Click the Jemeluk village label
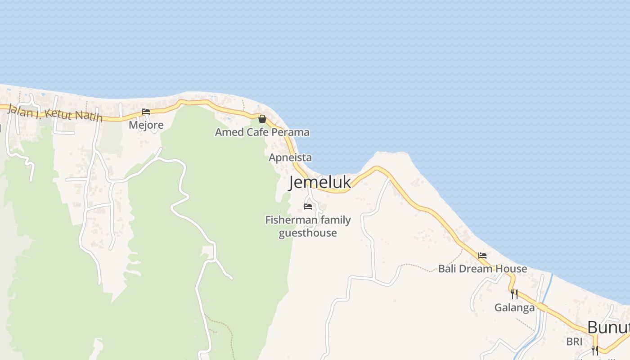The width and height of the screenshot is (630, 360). click(x=319, y=182)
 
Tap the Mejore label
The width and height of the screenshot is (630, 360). click(x=146, y=125)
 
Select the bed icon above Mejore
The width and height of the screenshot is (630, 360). click(x=146, y=112)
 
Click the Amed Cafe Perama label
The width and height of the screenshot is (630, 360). click(x=262, y=132)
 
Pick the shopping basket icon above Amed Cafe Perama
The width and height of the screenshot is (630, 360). click(x=262, y=119)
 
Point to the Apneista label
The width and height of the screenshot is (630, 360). click(x=290, y=158)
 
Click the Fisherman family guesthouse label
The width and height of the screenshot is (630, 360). click(x=308, y=226)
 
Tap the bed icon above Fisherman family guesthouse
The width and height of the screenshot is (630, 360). click(x=308, y=207)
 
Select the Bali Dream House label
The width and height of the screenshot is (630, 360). click(x=482, y=269)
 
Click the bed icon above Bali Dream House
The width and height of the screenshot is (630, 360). click(x=482, y=256)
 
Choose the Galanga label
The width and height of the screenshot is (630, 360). click(x=514, y=308)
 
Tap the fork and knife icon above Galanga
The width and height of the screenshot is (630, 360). click(x=514, y=294)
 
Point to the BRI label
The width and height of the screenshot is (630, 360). click(x=574, y=342)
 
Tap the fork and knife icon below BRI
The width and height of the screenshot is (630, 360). click(x=595, y=350)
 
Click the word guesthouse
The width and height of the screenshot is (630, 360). click(x=308, y=233)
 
